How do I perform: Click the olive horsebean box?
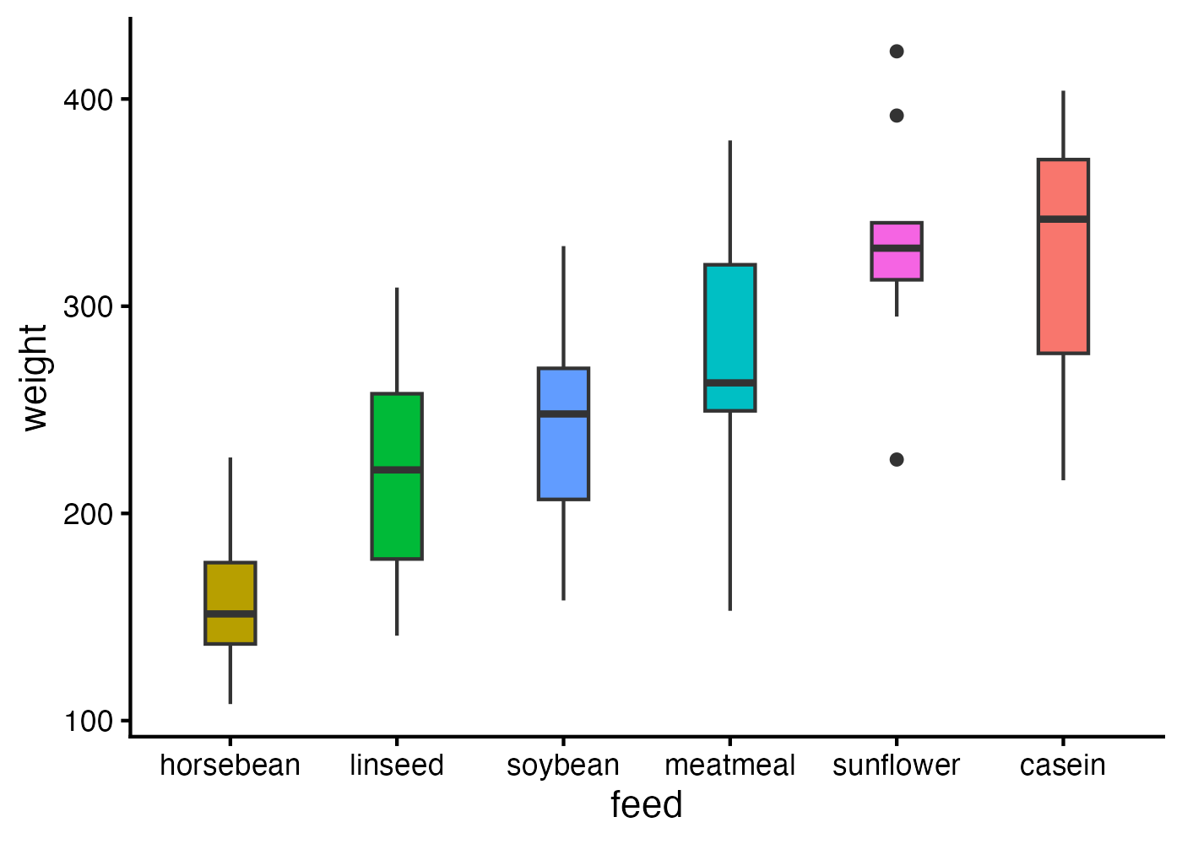(230, 591)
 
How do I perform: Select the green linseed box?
(397, 515)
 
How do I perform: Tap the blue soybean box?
(563, 456)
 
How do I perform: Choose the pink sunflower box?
(897, 263)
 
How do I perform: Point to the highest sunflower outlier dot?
(897, 51)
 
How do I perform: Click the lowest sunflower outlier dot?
(897, 459)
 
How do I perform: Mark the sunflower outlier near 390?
(897, 116)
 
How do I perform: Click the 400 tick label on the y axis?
(88, 100)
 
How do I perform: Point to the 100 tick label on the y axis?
(88, 722)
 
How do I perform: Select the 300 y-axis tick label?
(88, 306)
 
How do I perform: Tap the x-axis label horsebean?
(230, 766)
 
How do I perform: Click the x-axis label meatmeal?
(729, 766)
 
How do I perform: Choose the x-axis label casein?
(1062, 766)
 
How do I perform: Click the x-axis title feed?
(646, 805)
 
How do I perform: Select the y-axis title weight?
(35, 377)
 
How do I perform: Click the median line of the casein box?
(1063, 219)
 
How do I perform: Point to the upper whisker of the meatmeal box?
(730, 203)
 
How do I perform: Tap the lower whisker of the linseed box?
(397, 597)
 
